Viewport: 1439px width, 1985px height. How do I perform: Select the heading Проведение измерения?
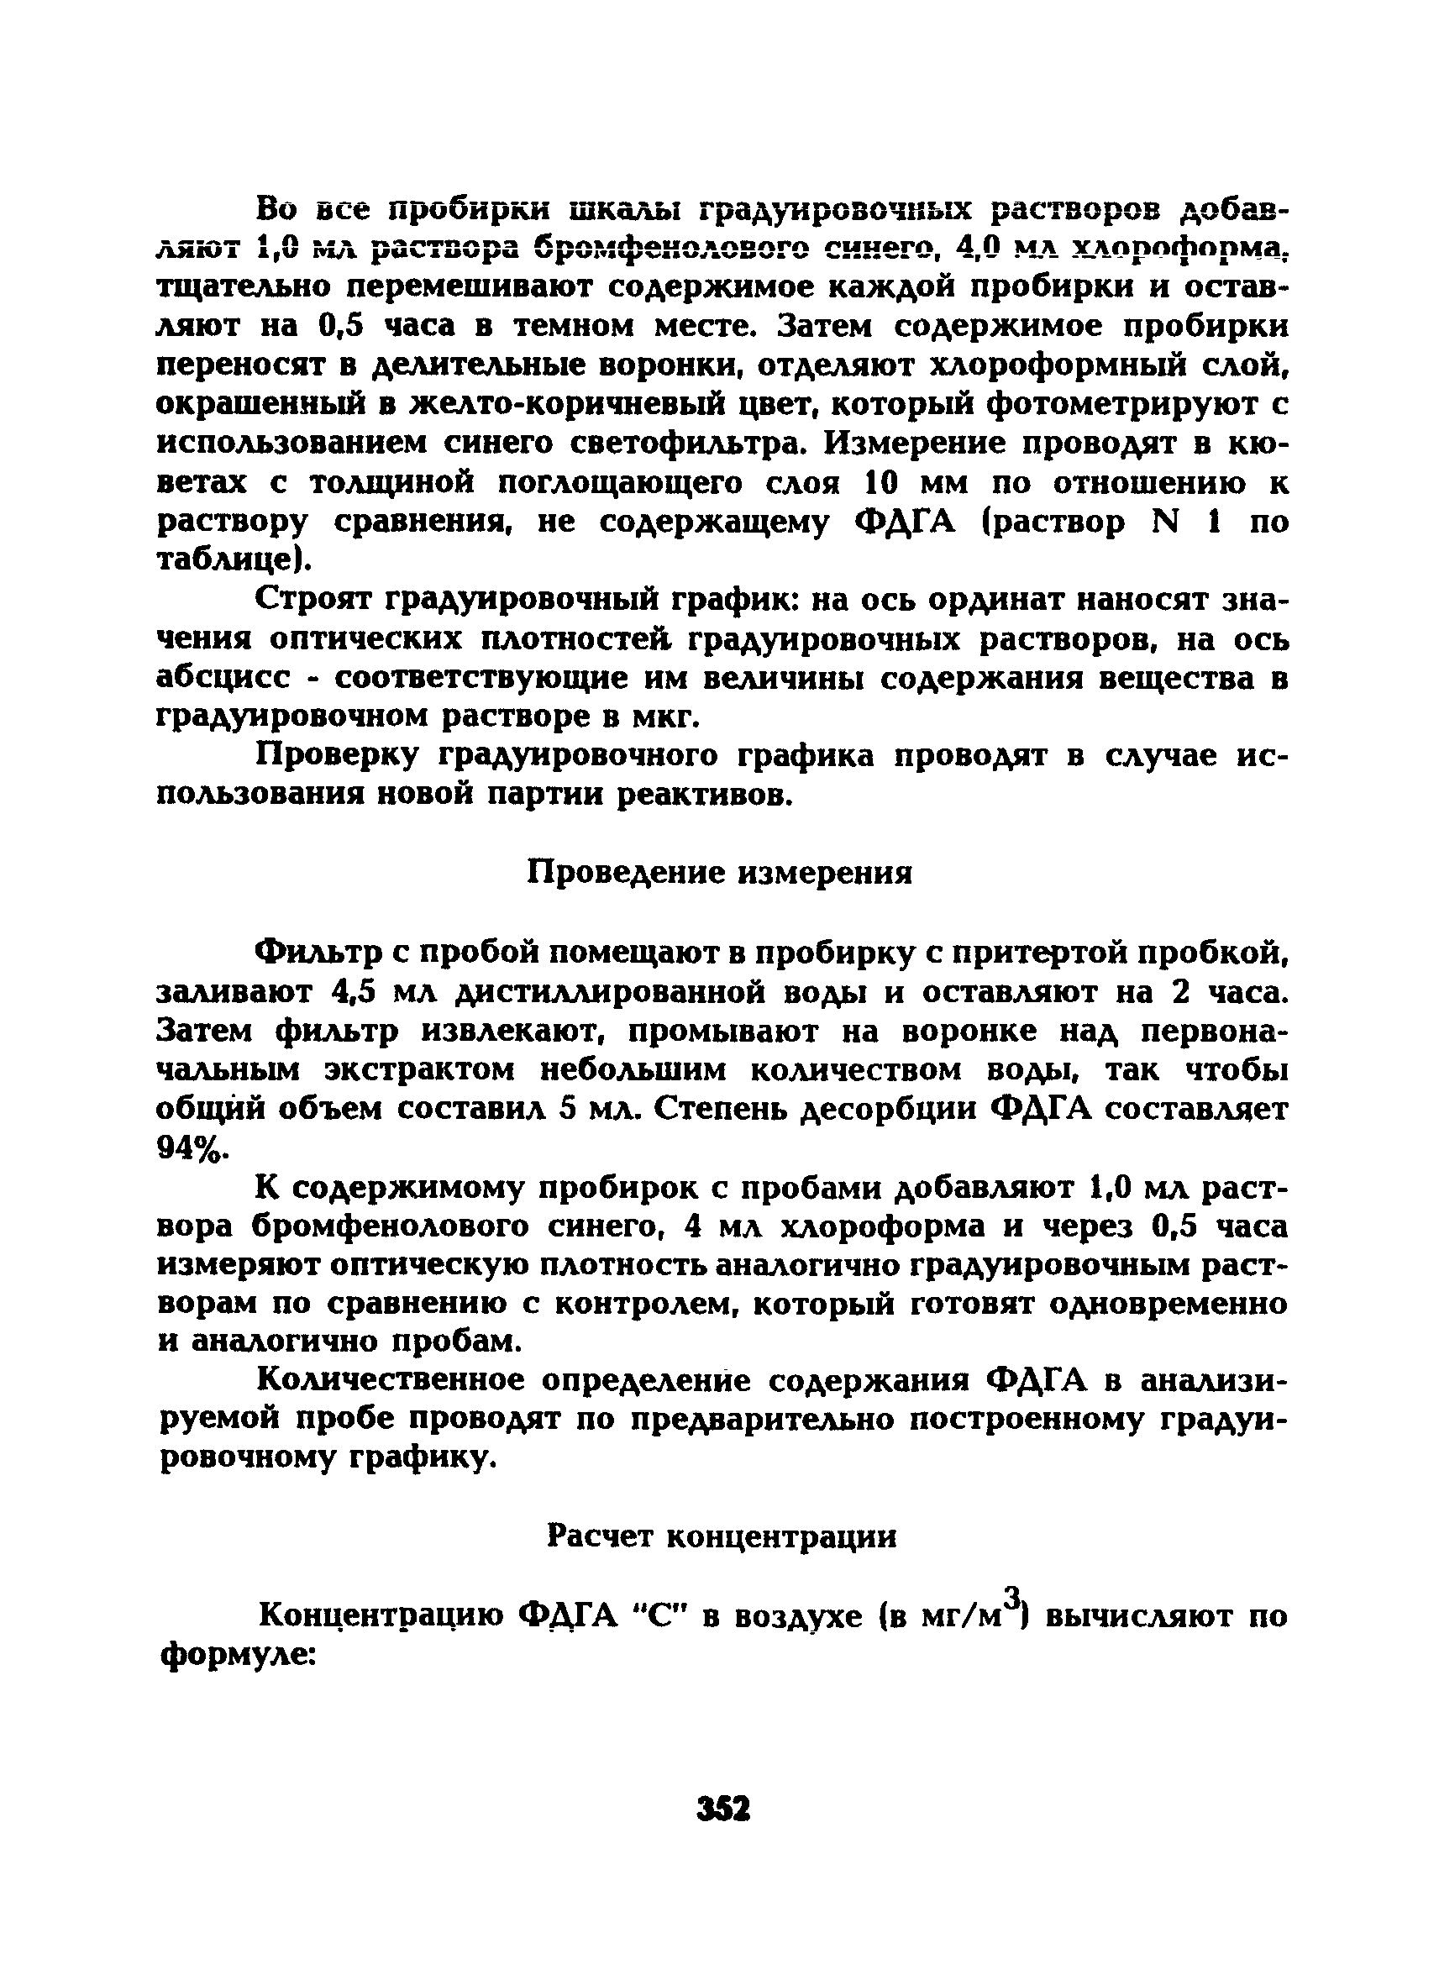point(719,874)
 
